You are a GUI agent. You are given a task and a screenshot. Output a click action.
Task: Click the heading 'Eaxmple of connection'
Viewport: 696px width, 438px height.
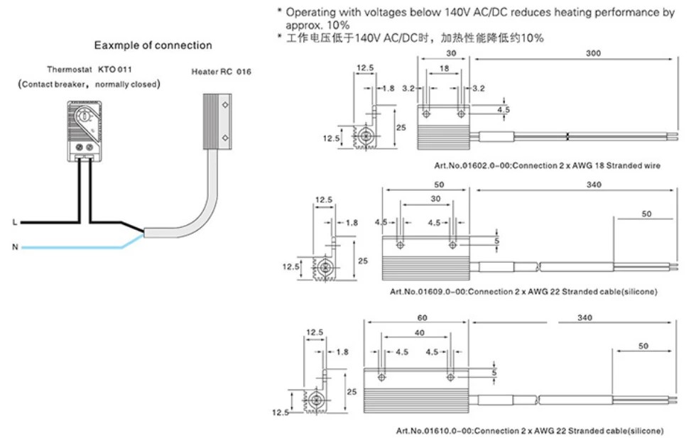pos(153,45)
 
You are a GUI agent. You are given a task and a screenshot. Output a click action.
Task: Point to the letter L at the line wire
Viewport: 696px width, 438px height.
pos(15,222)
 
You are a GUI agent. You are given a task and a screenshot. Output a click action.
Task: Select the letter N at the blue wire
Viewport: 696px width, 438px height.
pos(15,248)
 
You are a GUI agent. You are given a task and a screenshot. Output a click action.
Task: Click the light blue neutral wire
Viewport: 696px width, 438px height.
pos(71,247)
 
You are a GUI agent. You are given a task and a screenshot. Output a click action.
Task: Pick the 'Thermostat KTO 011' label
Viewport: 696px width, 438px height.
pos(89,70)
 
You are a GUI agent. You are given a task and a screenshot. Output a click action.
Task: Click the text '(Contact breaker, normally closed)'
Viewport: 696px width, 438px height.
pos(89,84)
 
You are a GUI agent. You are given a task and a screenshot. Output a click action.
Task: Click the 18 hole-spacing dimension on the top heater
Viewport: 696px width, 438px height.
pos(443,70)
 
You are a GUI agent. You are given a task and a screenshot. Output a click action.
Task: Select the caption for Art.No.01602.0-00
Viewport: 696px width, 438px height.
pos(548,165)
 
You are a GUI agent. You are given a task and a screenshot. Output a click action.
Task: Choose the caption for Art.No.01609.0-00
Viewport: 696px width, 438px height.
pos(524,292)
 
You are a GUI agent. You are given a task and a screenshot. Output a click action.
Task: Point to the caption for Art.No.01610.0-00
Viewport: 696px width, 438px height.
pos(531,431)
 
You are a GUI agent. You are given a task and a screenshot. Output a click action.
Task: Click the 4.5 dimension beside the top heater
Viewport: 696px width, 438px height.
pos(504,110)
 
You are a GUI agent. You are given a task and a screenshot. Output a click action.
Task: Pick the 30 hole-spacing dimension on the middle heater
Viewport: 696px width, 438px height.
pos(426,199)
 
